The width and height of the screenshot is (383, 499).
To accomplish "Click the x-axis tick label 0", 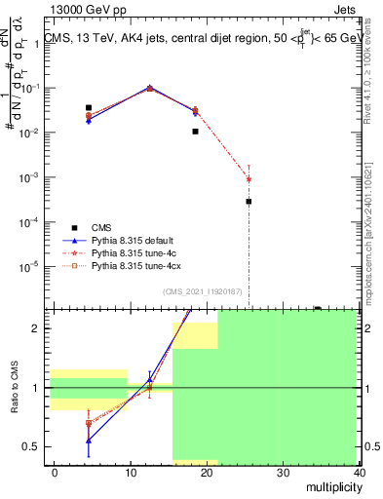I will (x=55, y=473).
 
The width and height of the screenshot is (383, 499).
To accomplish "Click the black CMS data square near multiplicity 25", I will (x=249, y=202).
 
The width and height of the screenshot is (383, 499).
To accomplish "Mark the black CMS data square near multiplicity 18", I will (x=196, y=131).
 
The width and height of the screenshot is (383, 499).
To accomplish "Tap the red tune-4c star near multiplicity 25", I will (x=249, y=179).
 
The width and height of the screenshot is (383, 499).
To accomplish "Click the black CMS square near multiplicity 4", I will (x=89, y=108).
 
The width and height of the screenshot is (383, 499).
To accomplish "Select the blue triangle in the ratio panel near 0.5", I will (x=89, y=441).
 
